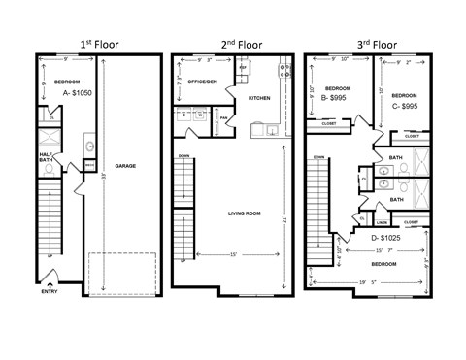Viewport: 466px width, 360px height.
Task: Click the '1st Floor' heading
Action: click(99, 44)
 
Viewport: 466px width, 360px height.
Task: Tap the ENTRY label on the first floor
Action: click(49, 292)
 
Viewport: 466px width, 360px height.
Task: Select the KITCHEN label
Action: click(259, 98)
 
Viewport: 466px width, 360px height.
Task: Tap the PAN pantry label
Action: click(222, 119)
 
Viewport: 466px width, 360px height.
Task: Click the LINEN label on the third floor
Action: click(383, 221)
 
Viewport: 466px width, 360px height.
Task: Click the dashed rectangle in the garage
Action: click(122, 270)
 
